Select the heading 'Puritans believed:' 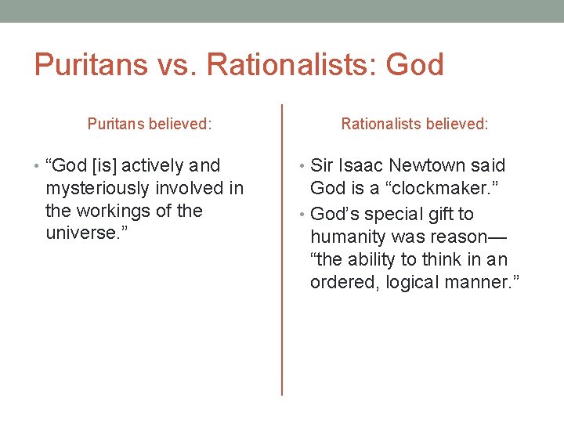point(150,124)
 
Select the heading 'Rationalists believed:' point(414,124)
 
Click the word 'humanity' point(344,237)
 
